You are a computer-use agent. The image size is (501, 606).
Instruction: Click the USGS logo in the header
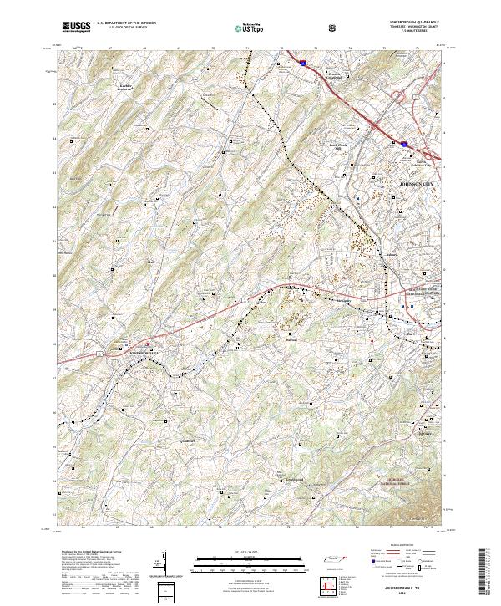coord(77,27)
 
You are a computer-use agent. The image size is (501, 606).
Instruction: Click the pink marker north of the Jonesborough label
coord(149,343)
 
